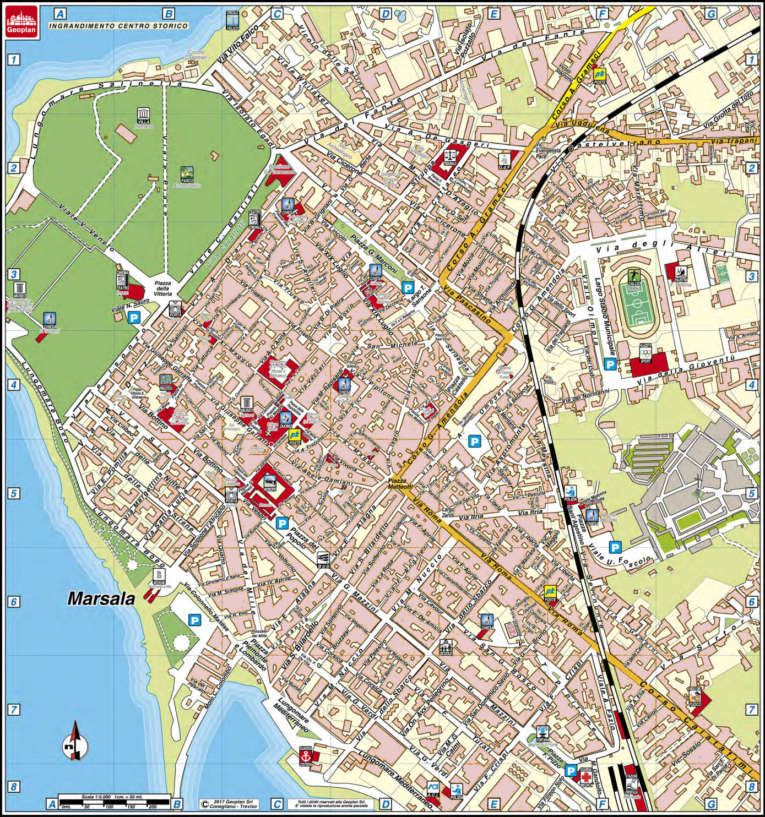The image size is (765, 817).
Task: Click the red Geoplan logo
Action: click(x=21, y=22)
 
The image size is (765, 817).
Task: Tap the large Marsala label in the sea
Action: click(x=101, y=599)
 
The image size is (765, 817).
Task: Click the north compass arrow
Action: click(x=75, y=741)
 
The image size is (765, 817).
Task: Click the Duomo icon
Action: click(x=285, y=420)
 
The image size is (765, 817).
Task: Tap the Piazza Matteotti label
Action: click(x=399, y=484)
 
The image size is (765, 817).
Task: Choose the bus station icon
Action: click(x=323, y=559)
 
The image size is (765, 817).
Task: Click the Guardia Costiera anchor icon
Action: click(x=306, y=757)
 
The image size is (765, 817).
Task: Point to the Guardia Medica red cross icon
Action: click(x=587, y=776)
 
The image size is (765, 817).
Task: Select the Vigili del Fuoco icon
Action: click(x=695, y=696)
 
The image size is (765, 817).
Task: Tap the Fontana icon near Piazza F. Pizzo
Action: click(x=542, y=734)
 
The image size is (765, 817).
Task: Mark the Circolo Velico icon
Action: click(x=232, y=20)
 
